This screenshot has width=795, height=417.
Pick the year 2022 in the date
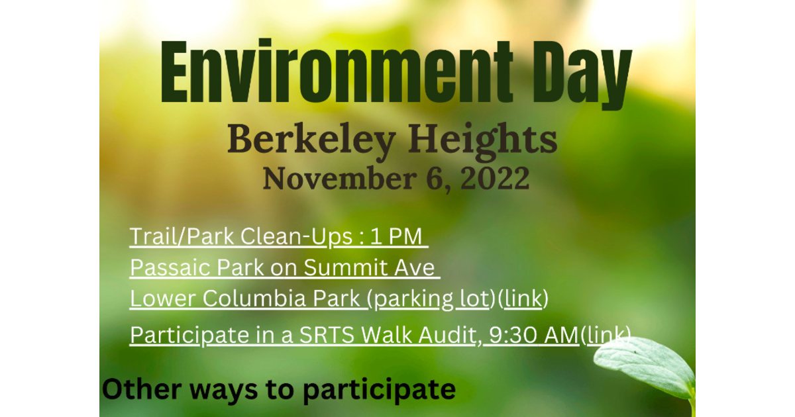click(496, 178)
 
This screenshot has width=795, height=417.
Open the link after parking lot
click(523, 299)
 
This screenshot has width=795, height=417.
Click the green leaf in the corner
click(649, 367)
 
